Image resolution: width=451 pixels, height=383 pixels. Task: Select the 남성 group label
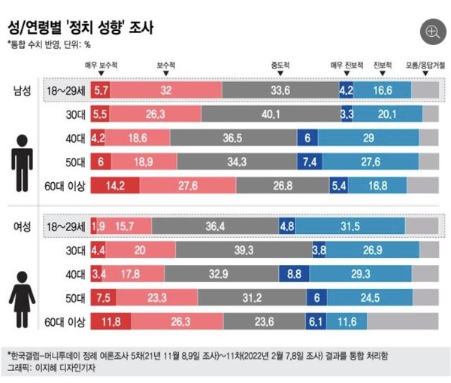point(23,90)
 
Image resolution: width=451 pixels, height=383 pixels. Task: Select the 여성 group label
point(23,226)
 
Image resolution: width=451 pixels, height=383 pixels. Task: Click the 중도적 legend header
point(280,65)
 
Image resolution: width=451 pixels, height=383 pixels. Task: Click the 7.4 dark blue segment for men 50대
point(309,162)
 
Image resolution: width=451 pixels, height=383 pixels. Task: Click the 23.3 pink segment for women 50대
point(156,298)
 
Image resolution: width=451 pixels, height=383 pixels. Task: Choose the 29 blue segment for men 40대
point(368,138)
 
